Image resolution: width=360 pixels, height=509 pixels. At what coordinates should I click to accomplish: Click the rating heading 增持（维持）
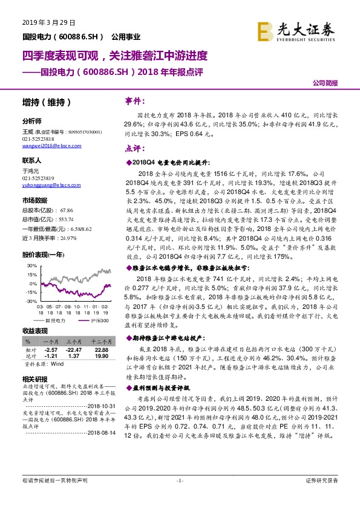[x=47, y=102]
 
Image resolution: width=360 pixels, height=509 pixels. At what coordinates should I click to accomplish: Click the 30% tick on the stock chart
[x=28, y=265]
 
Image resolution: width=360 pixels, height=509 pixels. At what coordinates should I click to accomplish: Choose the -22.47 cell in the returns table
[x=74, y=350]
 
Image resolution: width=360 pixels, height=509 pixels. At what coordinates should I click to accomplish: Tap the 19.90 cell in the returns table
[x=101, y=357]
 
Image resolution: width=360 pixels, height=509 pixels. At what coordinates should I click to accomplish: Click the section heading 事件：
[x=134, y=101]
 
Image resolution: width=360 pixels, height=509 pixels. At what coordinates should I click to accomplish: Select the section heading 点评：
[x=134, y=148]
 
